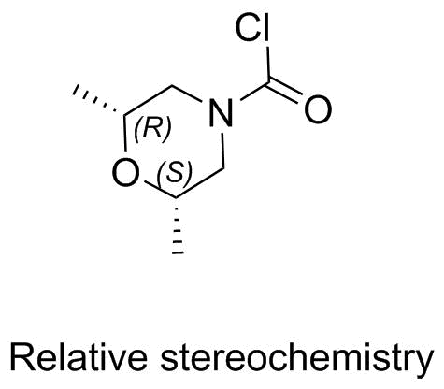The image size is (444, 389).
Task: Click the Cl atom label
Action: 252,28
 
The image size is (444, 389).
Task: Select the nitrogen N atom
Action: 221,113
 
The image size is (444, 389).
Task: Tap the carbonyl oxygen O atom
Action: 318,109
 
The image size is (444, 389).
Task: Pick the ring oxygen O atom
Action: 125,172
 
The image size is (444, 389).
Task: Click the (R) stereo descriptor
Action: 152,128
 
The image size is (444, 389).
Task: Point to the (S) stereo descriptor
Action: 175,172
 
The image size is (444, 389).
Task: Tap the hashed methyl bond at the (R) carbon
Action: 97,100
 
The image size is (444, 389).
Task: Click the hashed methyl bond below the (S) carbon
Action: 177,225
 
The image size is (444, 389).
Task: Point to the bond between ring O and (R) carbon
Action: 125,134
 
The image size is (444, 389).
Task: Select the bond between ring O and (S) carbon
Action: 160,190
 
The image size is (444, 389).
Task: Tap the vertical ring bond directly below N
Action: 223,151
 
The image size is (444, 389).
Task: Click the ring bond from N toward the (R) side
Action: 187,94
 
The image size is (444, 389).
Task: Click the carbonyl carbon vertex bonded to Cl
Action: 268,83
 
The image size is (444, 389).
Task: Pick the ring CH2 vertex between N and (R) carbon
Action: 172,84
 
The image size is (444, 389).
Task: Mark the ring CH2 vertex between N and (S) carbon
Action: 223,170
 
